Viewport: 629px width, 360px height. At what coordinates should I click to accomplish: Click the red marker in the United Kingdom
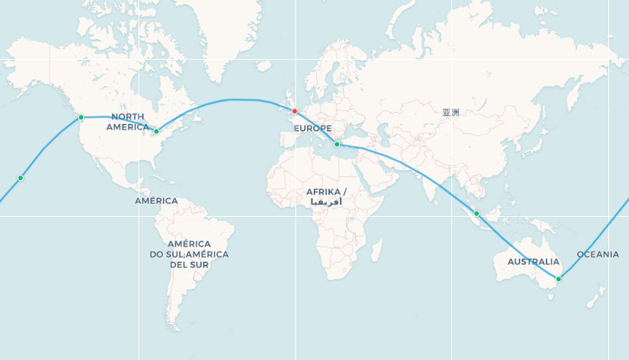coord(295,111)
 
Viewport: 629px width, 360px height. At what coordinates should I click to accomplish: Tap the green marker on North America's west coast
coord(81,117)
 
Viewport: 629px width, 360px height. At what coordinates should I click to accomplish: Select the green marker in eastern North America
coord(157,131)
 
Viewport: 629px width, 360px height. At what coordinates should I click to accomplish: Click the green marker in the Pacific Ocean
coord(21,178)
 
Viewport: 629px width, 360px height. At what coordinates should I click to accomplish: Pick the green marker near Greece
coord(337,144)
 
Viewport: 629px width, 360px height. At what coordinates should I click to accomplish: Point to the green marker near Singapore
coord(476,214)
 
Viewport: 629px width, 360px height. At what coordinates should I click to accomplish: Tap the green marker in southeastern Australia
coord(559,279)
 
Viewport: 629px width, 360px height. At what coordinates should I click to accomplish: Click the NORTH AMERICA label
coord(126,121)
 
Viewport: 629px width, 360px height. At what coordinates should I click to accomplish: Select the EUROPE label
coord(313,128)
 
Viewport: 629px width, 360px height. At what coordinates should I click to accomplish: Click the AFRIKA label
coord(326,191)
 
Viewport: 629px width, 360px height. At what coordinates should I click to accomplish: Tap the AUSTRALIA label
coord(533,261)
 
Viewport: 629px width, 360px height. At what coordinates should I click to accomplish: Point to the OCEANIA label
coord(598,254)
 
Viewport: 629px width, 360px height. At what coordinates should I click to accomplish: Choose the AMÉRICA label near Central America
coord(156,201)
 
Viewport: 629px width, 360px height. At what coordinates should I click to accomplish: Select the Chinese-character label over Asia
coord(451,112)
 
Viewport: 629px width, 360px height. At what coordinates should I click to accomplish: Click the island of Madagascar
coord(376,250)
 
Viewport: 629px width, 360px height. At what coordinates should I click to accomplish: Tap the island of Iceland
coord(263,67)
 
